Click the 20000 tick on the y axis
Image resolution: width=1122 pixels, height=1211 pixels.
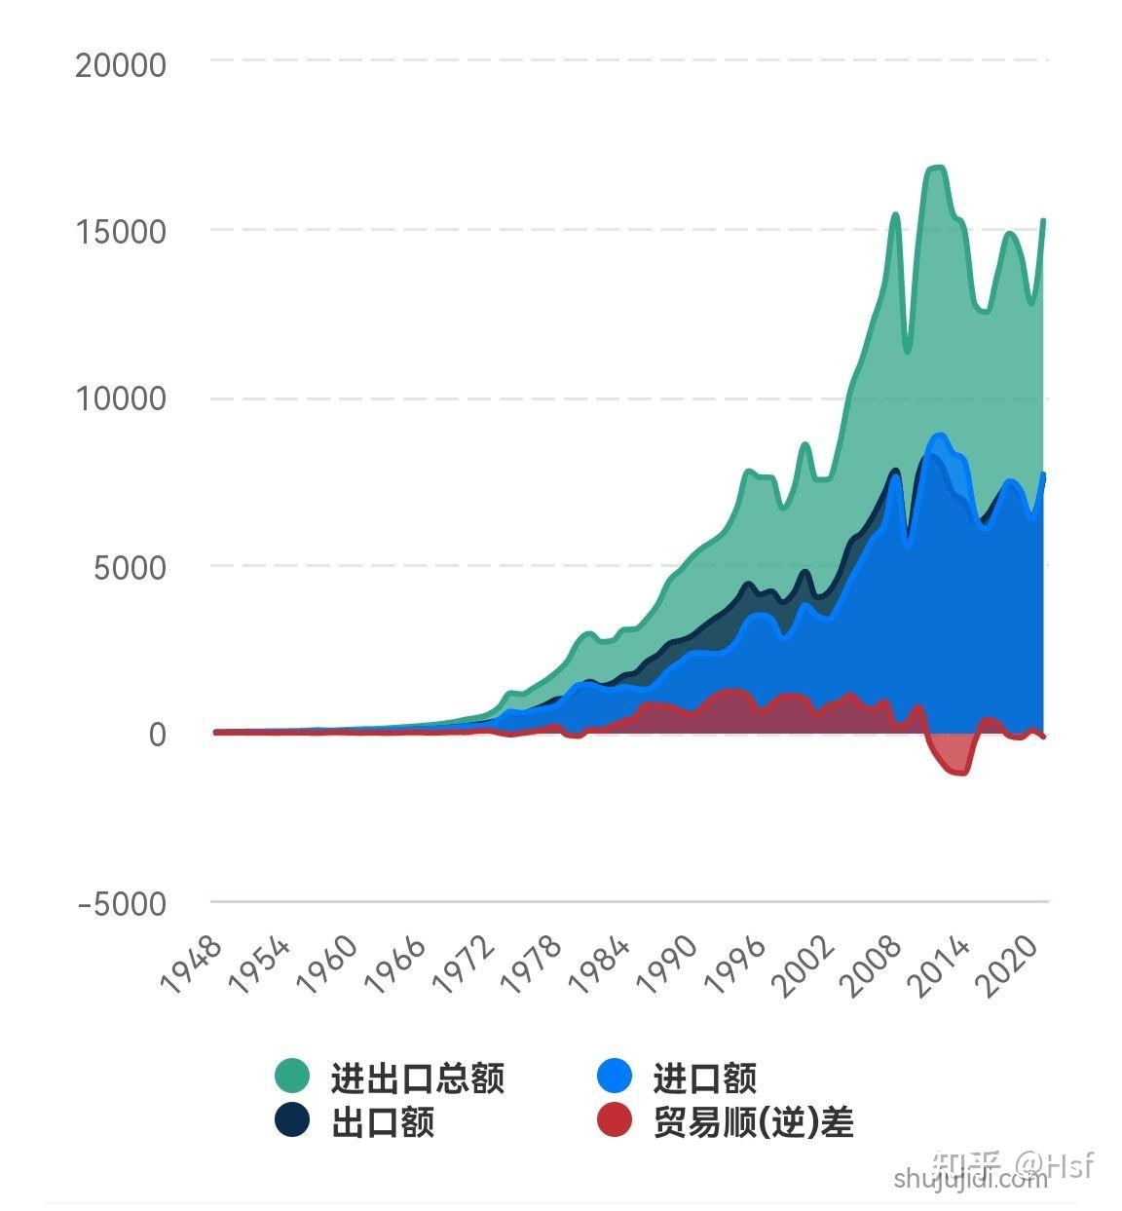tap(121, 66)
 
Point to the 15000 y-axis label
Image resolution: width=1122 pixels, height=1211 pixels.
tap(121, 233)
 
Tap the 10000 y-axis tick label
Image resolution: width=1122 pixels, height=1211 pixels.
tap(121, 399)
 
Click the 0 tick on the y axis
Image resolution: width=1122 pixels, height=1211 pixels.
tap(157, 735)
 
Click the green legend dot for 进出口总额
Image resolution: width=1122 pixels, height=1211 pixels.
tap(292, 1077)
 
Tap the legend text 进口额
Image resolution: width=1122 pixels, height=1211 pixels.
tap(704, 1079)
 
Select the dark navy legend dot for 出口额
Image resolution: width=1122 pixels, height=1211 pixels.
tap(292, 1119)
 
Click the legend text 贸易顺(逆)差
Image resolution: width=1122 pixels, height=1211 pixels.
tap(753, 1122)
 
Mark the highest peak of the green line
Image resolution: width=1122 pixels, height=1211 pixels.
tap(937, 168)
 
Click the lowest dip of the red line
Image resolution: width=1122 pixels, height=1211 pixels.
tap(960, 774)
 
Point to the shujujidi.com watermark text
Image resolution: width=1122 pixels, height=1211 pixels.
tap(969, 1180)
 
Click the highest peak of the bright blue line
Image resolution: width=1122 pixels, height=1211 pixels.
tap(939, 435)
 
